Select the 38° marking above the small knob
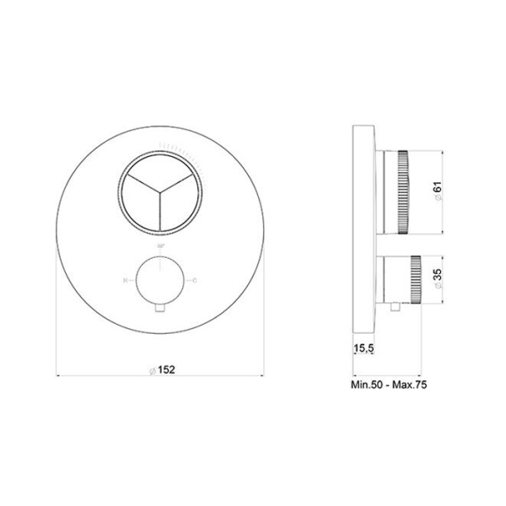coord(161,244)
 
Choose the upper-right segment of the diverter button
coord(179,179)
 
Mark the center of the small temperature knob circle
coord(161,278)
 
